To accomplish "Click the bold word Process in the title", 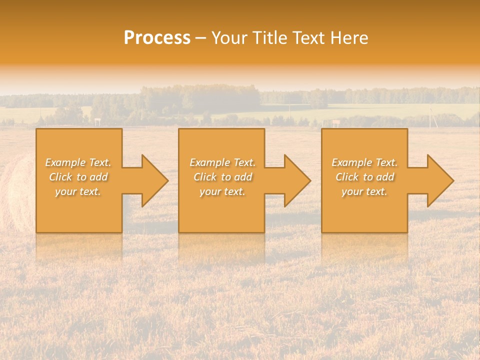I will click(157, 38).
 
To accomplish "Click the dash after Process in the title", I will click(200, 38).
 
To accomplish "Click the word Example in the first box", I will click(65, 162).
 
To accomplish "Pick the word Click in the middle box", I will click(205, 177).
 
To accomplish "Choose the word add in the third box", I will click(384, 177).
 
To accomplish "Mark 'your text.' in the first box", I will click(78, 191).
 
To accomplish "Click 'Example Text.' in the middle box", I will click(222, 162).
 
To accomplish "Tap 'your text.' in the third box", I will click(364, 191).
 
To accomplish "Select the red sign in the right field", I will click(336, 122).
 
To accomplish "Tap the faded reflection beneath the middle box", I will click(221, 247).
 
